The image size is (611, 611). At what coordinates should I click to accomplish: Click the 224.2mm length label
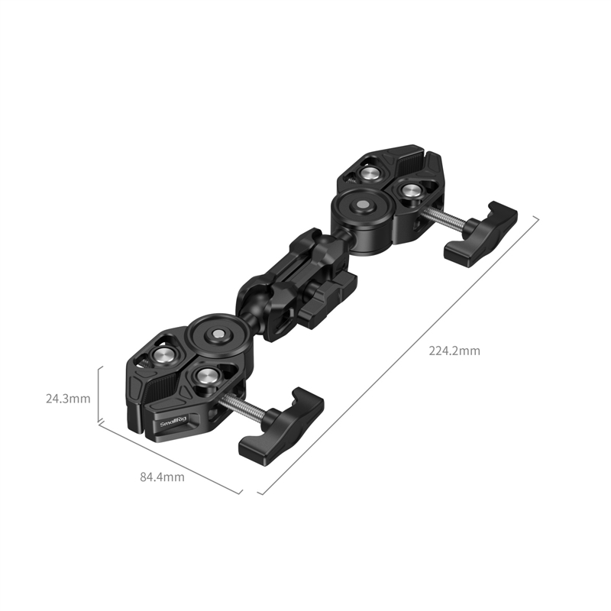(454, 351)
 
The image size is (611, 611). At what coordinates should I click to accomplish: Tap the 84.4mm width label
(162, 477)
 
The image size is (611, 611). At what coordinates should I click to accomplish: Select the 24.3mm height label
(68, 398)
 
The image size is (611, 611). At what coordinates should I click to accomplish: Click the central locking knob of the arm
(325, 298)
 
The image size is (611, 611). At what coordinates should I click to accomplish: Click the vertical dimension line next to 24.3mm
(99, 394)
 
